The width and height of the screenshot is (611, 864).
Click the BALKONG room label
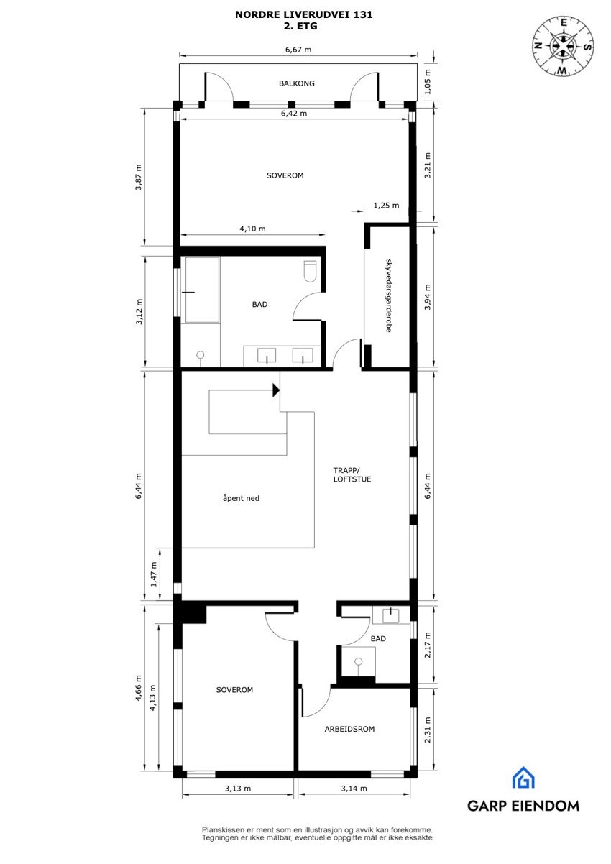[x=296, y=83]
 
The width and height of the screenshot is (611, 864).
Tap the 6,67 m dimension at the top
[x=298, y=50]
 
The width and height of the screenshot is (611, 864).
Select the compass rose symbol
[x=564, y=45]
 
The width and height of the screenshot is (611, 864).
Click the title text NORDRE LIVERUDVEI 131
[x=304, y=14]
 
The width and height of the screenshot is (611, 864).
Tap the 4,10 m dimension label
[x=252, y=229]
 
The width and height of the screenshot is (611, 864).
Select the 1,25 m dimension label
[x=387, y=206]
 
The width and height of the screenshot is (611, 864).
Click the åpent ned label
[x=241, y=497]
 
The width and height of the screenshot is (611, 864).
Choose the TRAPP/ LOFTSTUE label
[x=352, y=474]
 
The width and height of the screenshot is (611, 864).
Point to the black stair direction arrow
[x=275, y=390]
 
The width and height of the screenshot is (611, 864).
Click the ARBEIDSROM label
[x=349, y=729]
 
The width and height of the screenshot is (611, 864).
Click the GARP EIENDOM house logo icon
[x=523, y=778]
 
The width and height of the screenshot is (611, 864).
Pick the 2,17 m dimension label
[x=428, y=645]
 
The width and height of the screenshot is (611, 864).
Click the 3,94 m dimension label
[x=428, y=297]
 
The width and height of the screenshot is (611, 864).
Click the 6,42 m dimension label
[x=293, y=114]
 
